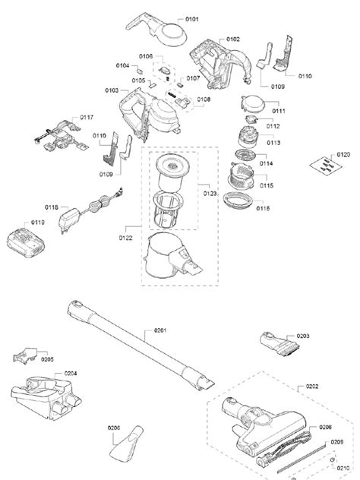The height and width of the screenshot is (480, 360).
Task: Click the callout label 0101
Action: coord(191,17)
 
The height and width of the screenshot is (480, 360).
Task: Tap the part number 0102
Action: coord(232,39)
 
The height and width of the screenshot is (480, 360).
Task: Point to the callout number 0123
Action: coord(209,194)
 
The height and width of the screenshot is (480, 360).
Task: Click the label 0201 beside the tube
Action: coord(160,329)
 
